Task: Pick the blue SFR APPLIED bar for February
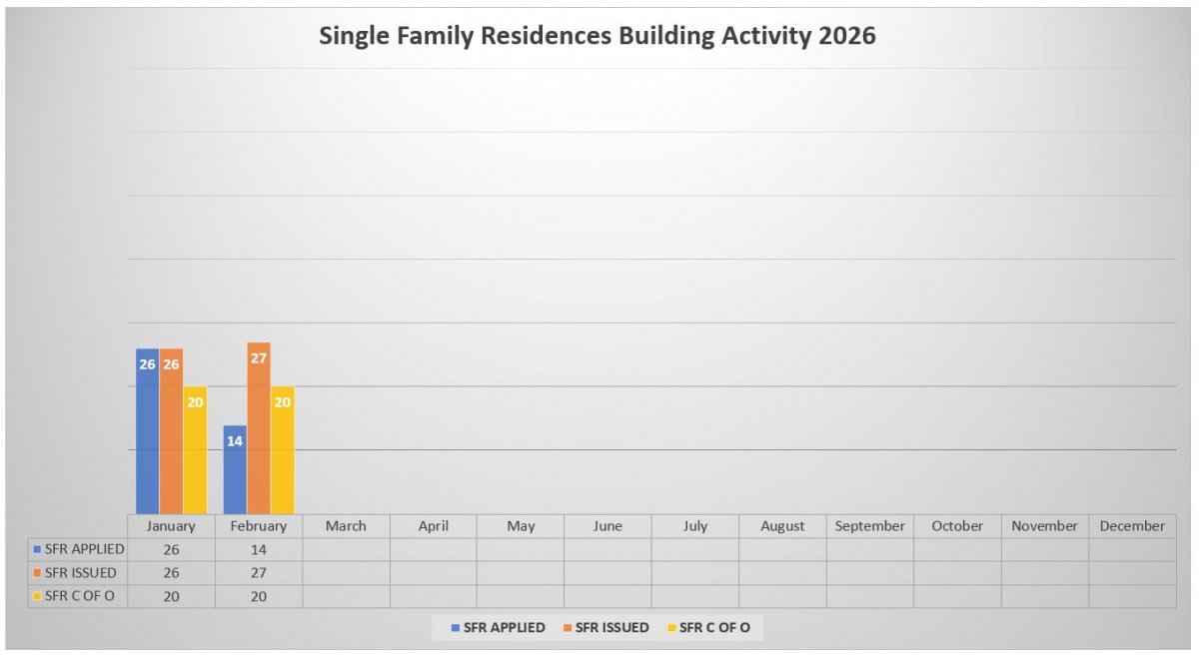point(235,474)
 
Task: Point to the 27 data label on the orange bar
point(259,356)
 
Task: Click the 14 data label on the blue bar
point(235,440)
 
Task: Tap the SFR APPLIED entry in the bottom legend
point(498,627)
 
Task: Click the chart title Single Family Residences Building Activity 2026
point(597,36)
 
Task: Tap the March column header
point(346,526)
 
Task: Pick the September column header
point(869,526)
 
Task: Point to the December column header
point(1132,526)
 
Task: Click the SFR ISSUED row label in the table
point(78,573)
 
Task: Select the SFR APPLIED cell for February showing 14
point(258,549)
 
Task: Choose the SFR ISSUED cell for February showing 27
point(258,573)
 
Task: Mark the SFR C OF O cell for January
point(171,597)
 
